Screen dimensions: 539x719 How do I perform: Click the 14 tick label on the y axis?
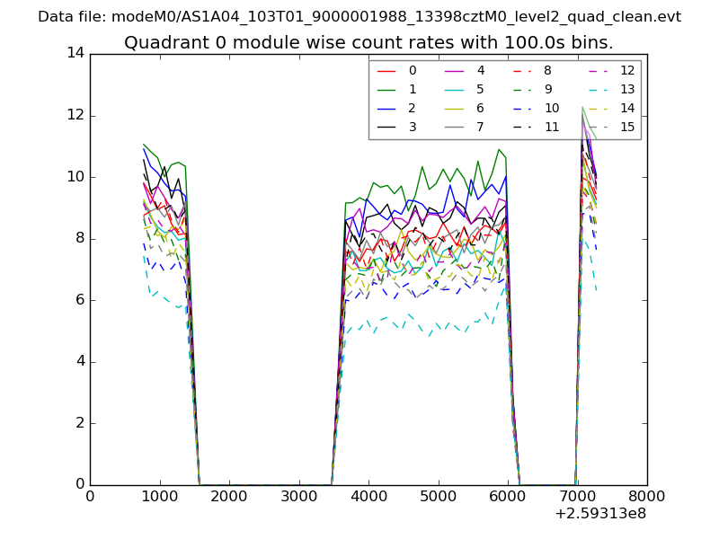pyautogui.click(x=75, y=53)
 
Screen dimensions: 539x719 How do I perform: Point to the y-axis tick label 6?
pyautogui.click(x=79, y=300)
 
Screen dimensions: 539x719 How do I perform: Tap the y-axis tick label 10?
pyautogui.click(x=75, y=177)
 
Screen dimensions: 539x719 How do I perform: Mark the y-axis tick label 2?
pyautogui.click(x=79, y=423)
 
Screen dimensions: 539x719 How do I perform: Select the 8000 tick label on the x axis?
pyautogui.click(x=647, y=495)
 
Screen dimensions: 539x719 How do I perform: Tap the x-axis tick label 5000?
pyautogui.click(x=438, y=495)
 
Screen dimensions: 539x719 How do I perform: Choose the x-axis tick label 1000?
pyautogui.click(x=159, y=495)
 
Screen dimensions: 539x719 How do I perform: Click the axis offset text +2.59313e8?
pyautogui.click(x=600, y=514)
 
